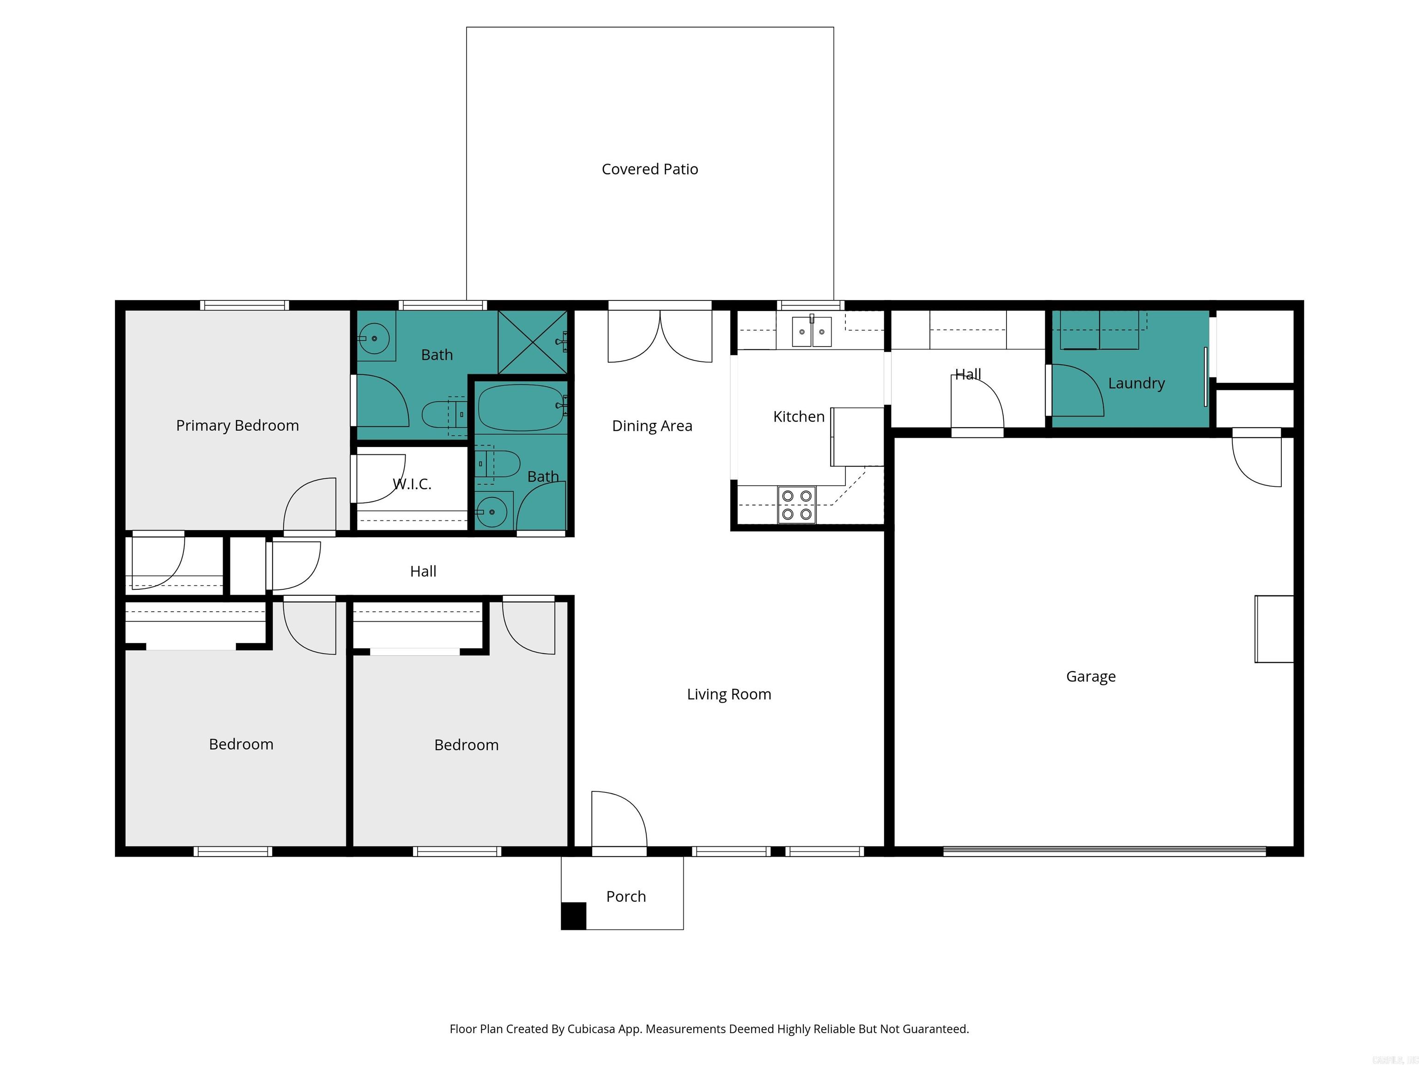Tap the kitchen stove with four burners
click(x=797, y=505)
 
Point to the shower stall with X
click(x=533, y=342)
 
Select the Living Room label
click(x=729, y=694)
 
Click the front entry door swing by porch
click(x=617, y=820)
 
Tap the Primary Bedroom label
click(x=237, y=426)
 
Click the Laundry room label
click(x=1136, y=383)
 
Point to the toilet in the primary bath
click(x=443, y=414)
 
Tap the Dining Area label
click(x=652, y=426)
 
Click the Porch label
click(x=625, y=896)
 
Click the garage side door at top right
click(x=1256, y=461)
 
